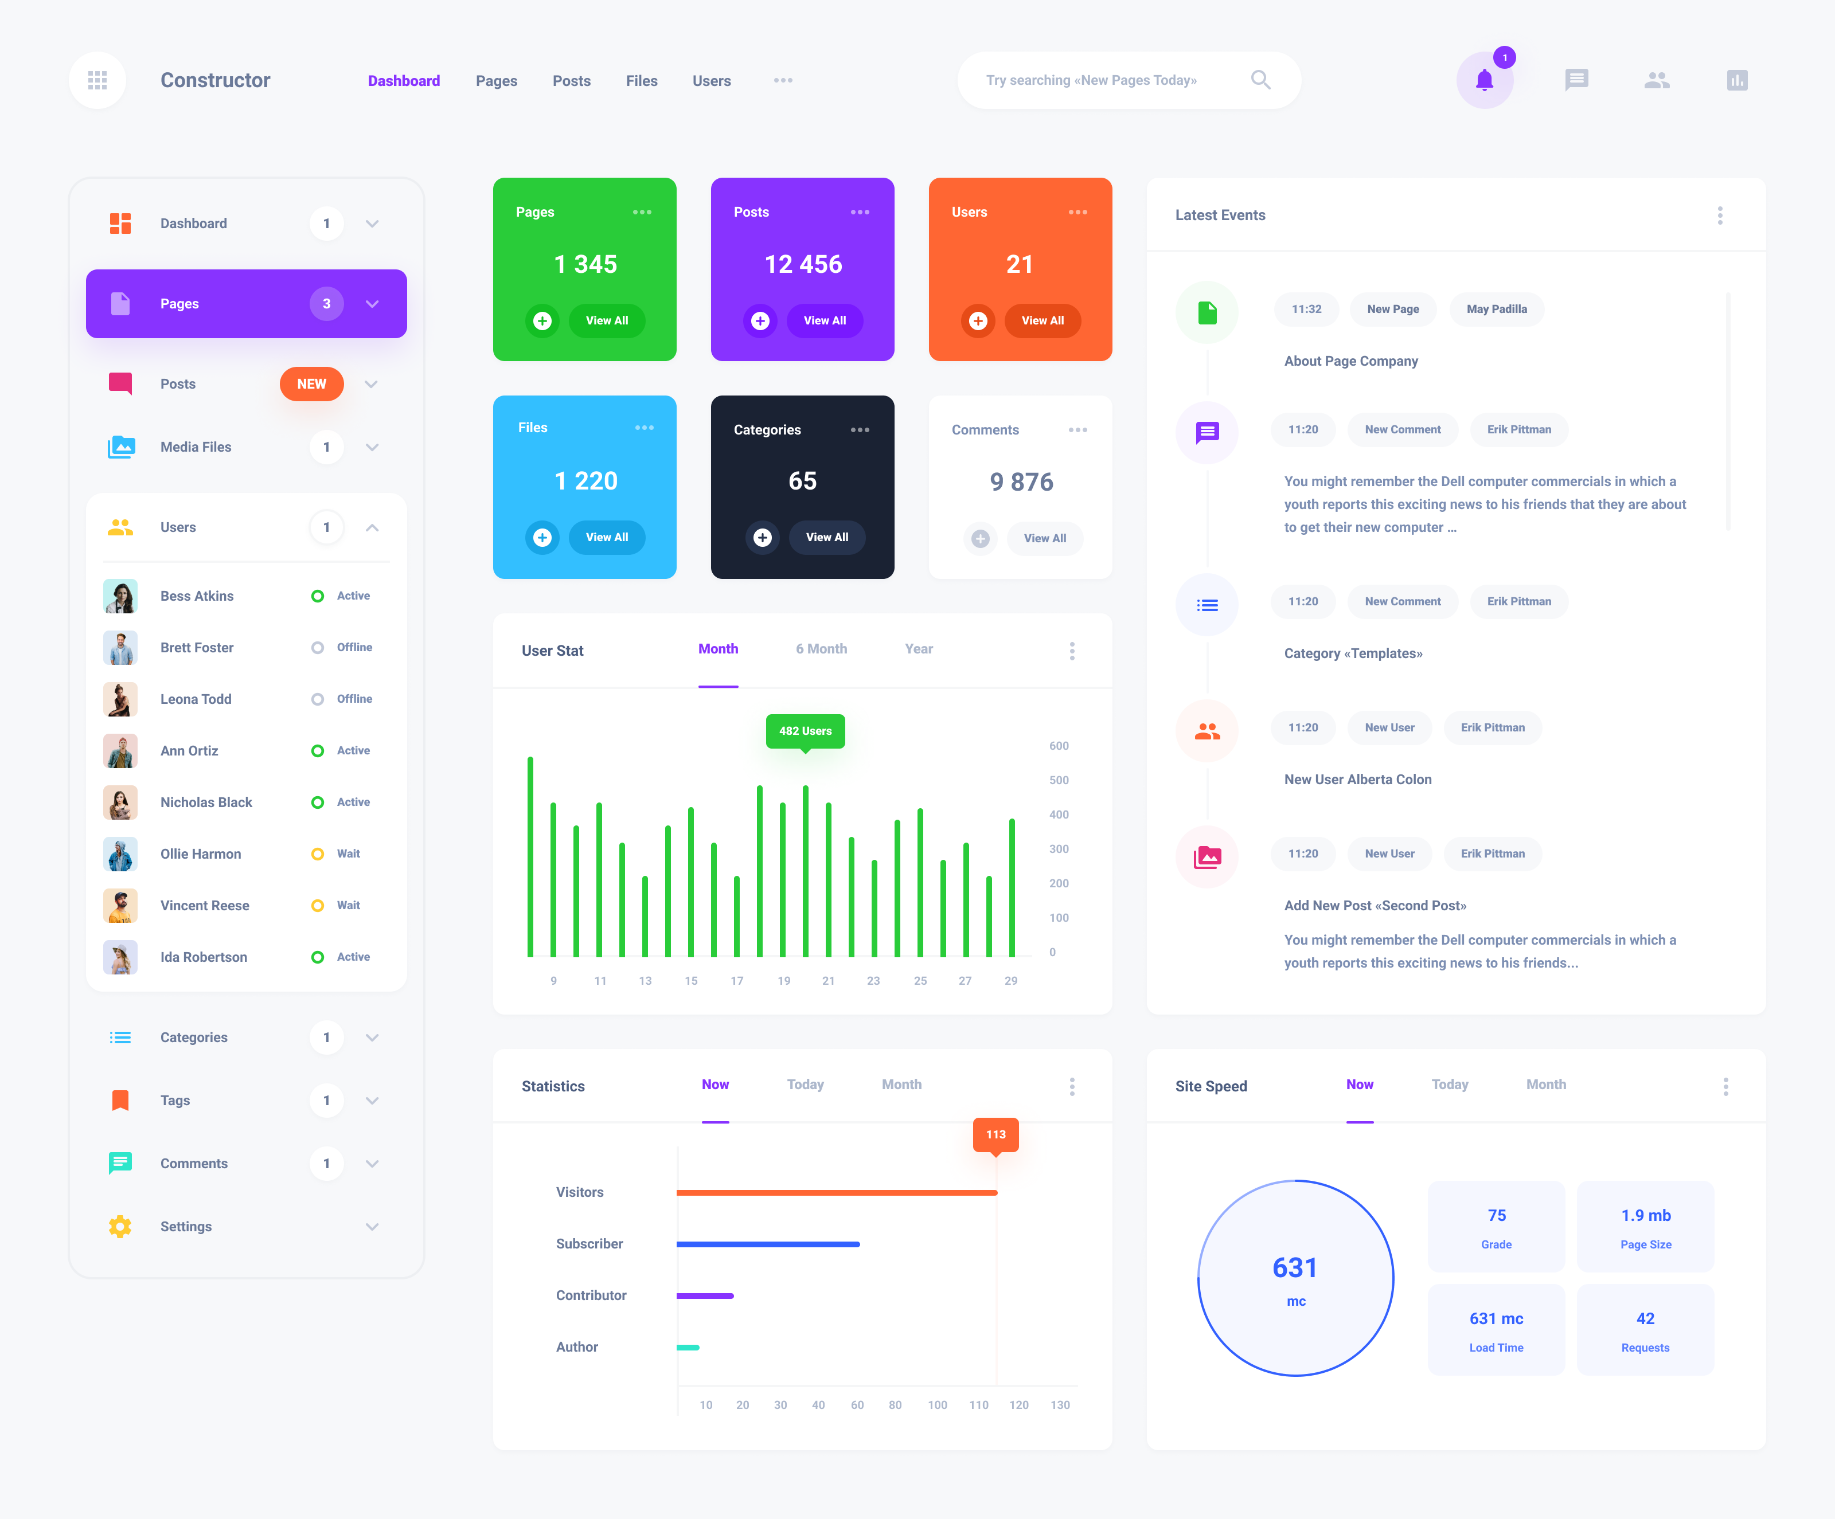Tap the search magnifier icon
coord(1260,80)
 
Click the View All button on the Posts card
coord(824,320)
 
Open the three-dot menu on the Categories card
coord(860,430)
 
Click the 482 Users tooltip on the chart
coord(805,731)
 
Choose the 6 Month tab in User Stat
coord(821,649)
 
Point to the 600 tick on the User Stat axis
coord(1058,746)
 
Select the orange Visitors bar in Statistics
coord(836,1192)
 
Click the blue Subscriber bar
coord(767,1244)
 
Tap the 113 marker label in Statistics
coord(995,1134)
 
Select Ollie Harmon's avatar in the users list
coord(120,854)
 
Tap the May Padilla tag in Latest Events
coord(1496,309)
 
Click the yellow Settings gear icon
coord(120,1227)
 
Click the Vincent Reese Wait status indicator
coord(318,906)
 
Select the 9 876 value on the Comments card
coord(1021,482)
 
